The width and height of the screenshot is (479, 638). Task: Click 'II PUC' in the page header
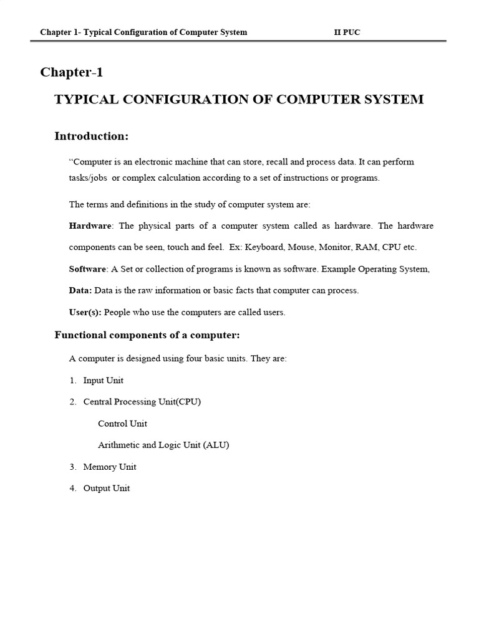point(347,32)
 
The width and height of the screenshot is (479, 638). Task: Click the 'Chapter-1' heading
point(72,72)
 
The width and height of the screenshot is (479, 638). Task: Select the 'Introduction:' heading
point(92,136)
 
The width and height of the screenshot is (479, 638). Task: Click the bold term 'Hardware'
point(90,226)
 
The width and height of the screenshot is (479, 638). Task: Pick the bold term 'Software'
point(87,269)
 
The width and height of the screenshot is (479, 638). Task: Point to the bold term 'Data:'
point(80,290)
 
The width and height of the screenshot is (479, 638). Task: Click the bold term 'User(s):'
point(85,312)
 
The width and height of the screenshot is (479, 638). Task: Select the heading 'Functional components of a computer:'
point(147,336)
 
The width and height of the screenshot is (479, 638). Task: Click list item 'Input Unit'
point(104,380)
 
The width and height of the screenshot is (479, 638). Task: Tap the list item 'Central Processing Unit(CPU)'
point(142,402)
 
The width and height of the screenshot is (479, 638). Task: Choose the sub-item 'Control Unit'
point(123,424)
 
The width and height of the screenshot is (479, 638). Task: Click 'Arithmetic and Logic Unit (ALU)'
point(164,445)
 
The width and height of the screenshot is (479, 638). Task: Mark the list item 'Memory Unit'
point(110,467)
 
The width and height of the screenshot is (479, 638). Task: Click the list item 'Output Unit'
point(107,488)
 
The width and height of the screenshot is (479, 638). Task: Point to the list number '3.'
point(73,467)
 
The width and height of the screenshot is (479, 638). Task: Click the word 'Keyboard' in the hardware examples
point(264,247)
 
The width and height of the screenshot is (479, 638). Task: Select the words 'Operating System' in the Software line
point(391,269)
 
